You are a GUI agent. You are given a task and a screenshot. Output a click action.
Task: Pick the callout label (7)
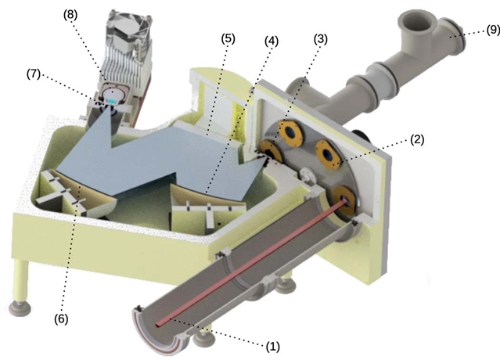[34, 74]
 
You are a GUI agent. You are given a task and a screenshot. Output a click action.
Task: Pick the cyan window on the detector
[114, 101]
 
